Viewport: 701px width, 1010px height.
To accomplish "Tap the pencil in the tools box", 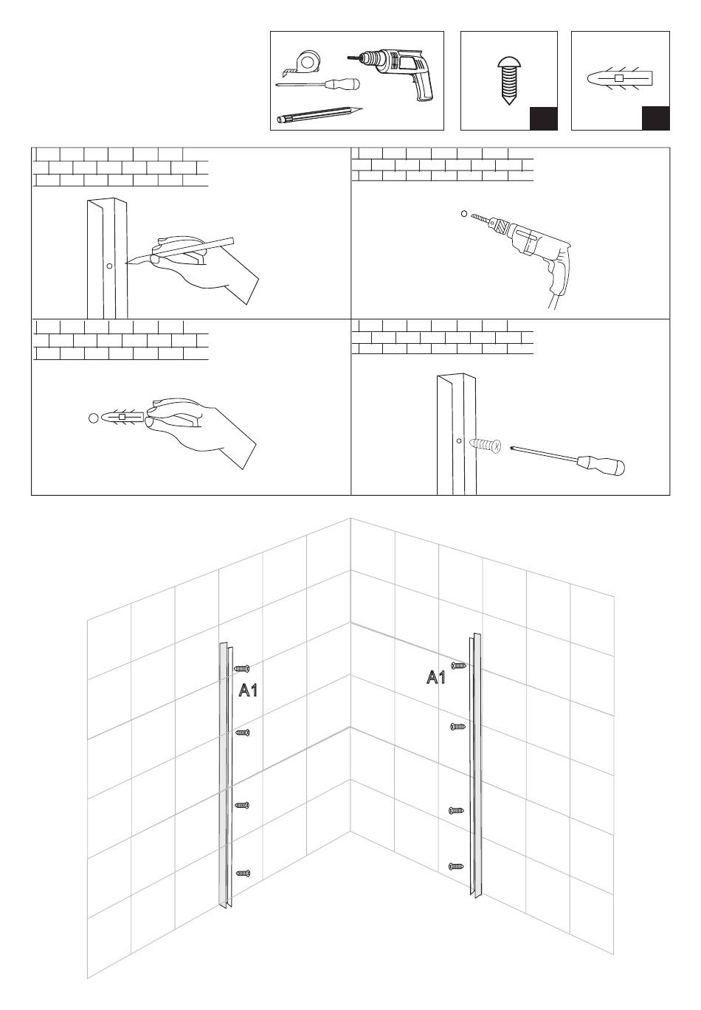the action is pyautogui.click(x=320, y=114).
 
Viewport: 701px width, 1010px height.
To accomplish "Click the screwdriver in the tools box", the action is pyautogui.click(x=317, y=84).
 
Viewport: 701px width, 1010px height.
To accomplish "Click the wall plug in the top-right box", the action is pyautogui.click(x=620, y=78).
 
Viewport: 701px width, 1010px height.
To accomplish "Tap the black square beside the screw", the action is pyautogui.click(x=544, y=119).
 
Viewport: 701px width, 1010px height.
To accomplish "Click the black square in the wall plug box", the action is pyautogui.click(x=655, y=118).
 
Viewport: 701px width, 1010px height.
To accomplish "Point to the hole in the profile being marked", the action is pyautogui.click(x=109, y=266).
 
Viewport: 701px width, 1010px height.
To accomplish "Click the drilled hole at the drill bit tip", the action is pyautogui.click(x=463, y=214).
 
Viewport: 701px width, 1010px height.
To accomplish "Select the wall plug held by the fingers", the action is pyautogui.click(x=122, y=417).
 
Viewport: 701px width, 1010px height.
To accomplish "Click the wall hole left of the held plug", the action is pyautogui.click(x=94, y=418).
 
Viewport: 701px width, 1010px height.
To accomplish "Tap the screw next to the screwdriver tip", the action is pyautogui.click(x=485, y=446).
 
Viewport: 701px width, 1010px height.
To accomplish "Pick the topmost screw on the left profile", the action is pyautogui.click(x=242, y=668).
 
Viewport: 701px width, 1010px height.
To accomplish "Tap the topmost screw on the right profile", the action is pyautogui.click(x=458, y=665).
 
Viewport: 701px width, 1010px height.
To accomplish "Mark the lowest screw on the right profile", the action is pyautogui.click(x=456, y=866).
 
